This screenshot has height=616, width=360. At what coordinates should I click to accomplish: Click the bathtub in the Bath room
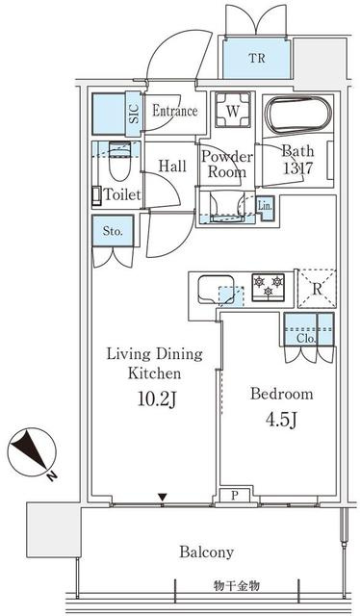298,115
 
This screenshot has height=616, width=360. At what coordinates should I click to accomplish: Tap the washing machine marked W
233,110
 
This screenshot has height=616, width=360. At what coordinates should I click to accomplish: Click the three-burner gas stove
269,287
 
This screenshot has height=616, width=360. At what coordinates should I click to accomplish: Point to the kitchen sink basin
216,290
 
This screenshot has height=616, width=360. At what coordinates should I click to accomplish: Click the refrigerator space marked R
317,289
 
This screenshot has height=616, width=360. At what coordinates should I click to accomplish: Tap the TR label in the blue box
256,59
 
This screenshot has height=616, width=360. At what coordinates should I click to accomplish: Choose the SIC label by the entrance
135,114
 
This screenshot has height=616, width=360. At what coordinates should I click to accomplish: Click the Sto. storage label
113,231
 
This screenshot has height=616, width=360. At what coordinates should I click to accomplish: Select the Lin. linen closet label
264,206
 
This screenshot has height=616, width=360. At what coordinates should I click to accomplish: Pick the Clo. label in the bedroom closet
306,339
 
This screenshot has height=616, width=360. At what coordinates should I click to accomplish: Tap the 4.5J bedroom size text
281,420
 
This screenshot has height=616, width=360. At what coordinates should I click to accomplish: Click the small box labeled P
234,496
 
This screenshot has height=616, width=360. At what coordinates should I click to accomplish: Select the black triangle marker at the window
163,498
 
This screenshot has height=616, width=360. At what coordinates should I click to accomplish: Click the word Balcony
206,552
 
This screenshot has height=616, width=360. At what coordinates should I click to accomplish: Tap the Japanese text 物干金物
237,586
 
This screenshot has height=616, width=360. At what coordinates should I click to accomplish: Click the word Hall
172,167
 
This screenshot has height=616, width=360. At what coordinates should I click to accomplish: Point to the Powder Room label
227,165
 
